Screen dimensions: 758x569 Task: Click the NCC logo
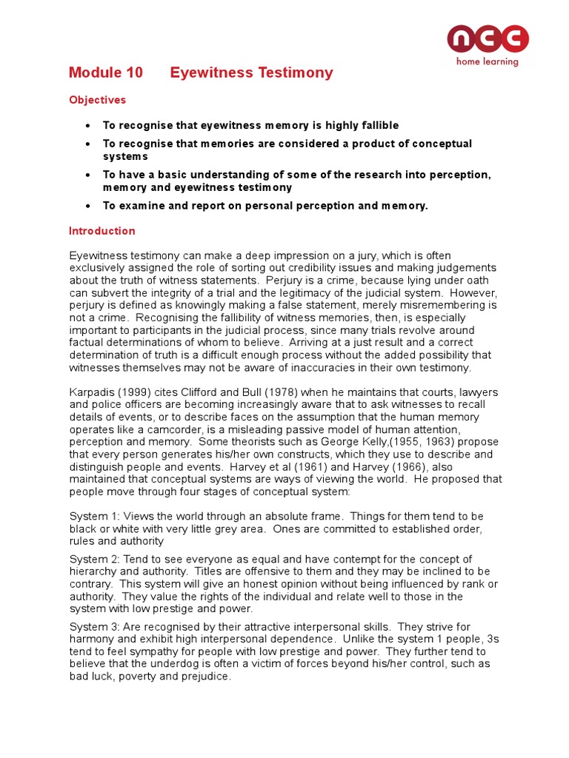[x=488, y=39]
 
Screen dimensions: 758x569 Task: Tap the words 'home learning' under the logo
[x=487, y=62]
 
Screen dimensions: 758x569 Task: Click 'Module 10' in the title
[x=104, y=73]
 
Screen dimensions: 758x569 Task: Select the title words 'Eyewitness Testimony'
[x=251, y=73]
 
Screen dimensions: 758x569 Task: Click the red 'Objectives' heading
[x=97, y=100]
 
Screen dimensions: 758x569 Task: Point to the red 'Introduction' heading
[x=102, y=231]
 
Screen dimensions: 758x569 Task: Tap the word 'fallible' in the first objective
[x=378, y=126]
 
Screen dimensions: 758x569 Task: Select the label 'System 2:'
[x=93, y=559]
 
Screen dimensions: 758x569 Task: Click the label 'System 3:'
[x=93, y=627]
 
